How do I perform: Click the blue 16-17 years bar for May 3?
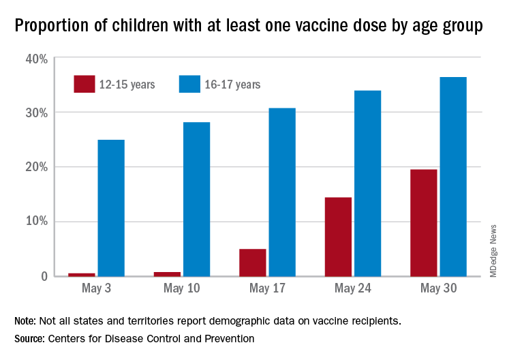[x=111, y=208]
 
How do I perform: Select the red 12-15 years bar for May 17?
[x=253, y=262]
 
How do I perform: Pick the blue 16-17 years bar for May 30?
[x=453, y=177]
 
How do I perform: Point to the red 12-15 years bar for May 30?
[x=423, y=222]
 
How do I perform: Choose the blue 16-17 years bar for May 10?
[x=196, y=199]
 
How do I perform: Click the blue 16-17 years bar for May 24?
[x=367, y=183]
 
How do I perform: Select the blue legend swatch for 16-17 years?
[x=188, y=84]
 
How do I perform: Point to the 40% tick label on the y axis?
[x=36, y=59]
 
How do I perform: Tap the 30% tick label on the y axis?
[x=36, y=112]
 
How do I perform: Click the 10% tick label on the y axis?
[x=36, y=222]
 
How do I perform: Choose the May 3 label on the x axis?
[x=96, y=290]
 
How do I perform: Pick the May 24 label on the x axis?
[x=352, y=290]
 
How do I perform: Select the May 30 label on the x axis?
[x=438, y=290]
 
